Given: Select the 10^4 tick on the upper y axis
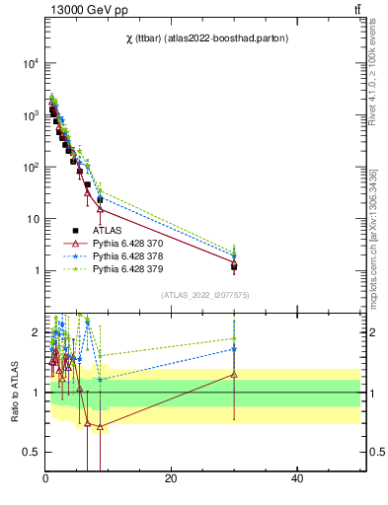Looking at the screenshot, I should click(x=30, y=63).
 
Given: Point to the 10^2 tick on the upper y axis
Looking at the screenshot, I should click(x=30, y=167).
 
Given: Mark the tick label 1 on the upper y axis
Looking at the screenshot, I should click(x=36, y=270).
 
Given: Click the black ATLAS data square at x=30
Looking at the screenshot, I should click(x=234, y=266).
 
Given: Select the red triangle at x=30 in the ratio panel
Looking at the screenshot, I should click(x=234, y=374).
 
